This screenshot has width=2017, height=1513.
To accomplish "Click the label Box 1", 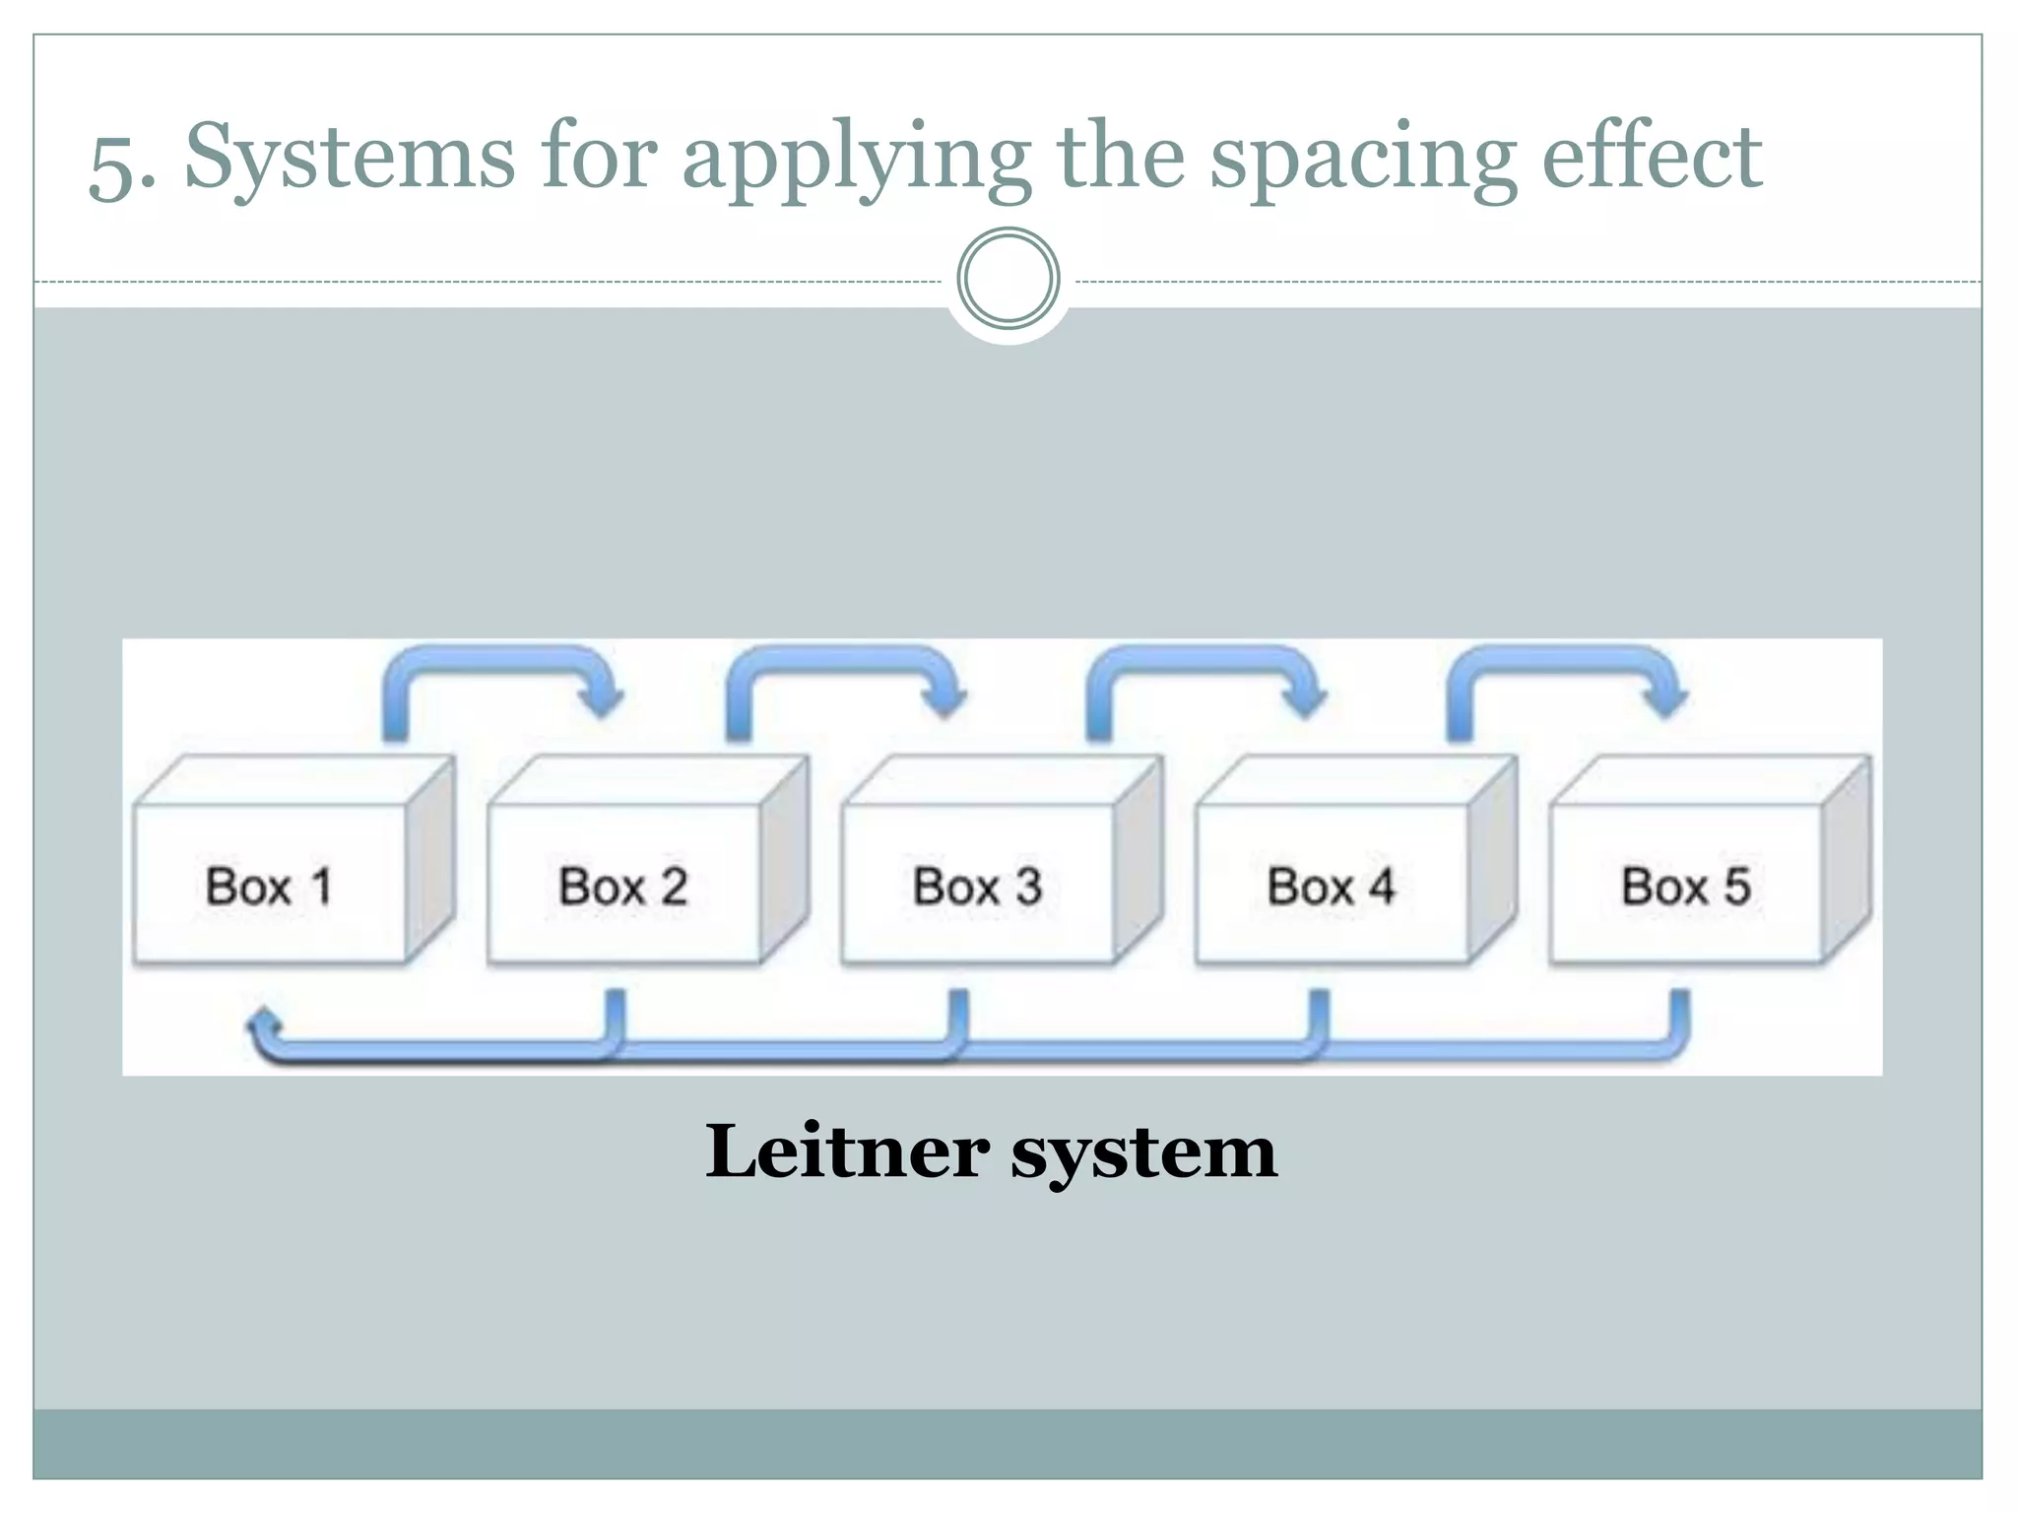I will pos(268,887).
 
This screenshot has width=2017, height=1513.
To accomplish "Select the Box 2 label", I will pos(622,887).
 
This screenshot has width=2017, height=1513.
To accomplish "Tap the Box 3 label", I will pos(977,887).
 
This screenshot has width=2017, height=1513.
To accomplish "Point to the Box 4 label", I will pos(1331,887).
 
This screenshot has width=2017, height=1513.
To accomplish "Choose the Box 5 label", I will pos(1685,887).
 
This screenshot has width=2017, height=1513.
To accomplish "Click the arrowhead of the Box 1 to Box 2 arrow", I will pos(601,701).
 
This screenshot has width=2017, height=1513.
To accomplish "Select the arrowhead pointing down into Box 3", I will pos(944,701).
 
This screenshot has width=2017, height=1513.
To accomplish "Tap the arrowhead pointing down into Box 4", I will pos(1306,701).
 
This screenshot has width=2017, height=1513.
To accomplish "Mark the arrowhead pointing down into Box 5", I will pos(1666,701).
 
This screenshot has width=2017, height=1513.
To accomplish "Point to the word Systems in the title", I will pos(350,158).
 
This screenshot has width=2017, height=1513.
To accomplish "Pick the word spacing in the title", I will pos(1363,160).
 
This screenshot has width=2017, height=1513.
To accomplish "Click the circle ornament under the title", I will pos(1008,279).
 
